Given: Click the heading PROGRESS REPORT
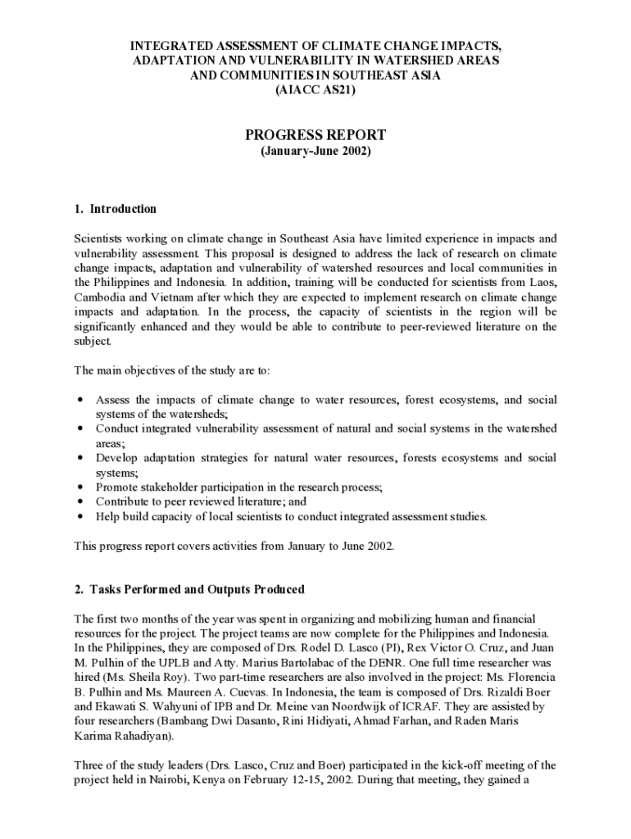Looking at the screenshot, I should (x=315, y=135).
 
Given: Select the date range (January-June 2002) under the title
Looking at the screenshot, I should (x=315, y=152).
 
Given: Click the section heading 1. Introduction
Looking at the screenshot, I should (x=115, y=209).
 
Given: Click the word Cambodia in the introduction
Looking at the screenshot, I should (x=102, y=297).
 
